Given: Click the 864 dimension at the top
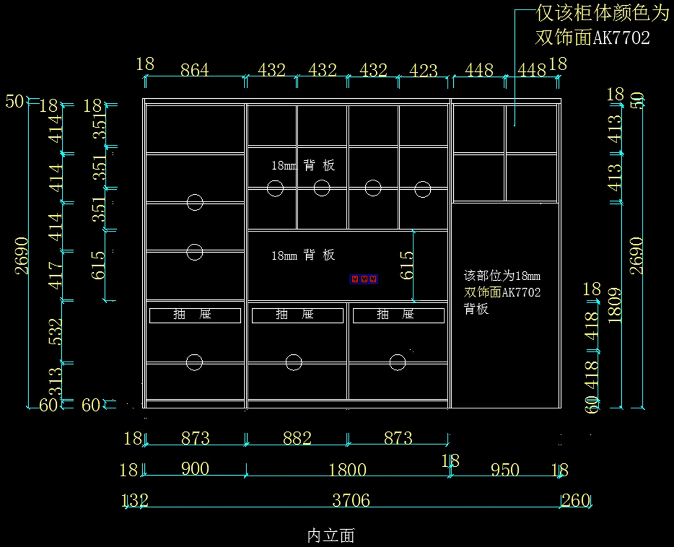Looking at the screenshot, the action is (x=194, y=71).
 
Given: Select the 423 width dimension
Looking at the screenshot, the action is (x=423, y=71).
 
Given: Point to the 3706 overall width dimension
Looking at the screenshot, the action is (x=351, y=500).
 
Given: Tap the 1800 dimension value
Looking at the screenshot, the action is (x=348, y=469).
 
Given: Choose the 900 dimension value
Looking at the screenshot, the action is (x=195, y=468).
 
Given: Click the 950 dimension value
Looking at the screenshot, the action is (x=504, y=469).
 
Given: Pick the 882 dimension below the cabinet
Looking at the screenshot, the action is (x=297, y=438).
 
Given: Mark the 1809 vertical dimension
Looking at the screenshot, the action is (x=614, y=305).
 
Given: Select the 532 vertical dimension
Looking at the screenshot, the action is (x=55, y=332).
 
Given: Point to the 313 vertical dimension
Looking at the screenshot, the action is (x=55, y=381).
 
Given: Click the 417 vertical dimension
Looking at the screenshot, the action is (x=55, y=275).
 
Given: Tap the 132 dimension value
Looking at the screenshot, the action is (x=135, y=500).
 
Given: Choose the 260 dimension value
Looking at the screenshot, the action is (x=575, y=500).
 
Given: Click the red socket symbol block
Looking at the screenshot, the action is (x=364, y=279).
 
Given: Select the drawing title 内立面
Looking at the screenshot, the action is (x=331, y=535).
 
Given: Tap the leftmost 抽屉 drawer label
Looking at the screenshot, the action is (x=195, y=315).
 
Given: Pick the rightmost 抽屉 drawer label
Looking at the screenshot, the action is (x=398, y=315).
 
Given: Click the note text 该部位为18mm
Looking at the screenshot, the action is (x=502, y=276).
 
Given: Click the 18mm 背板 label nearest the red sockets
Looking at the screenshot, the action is (x=303, y=255).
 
